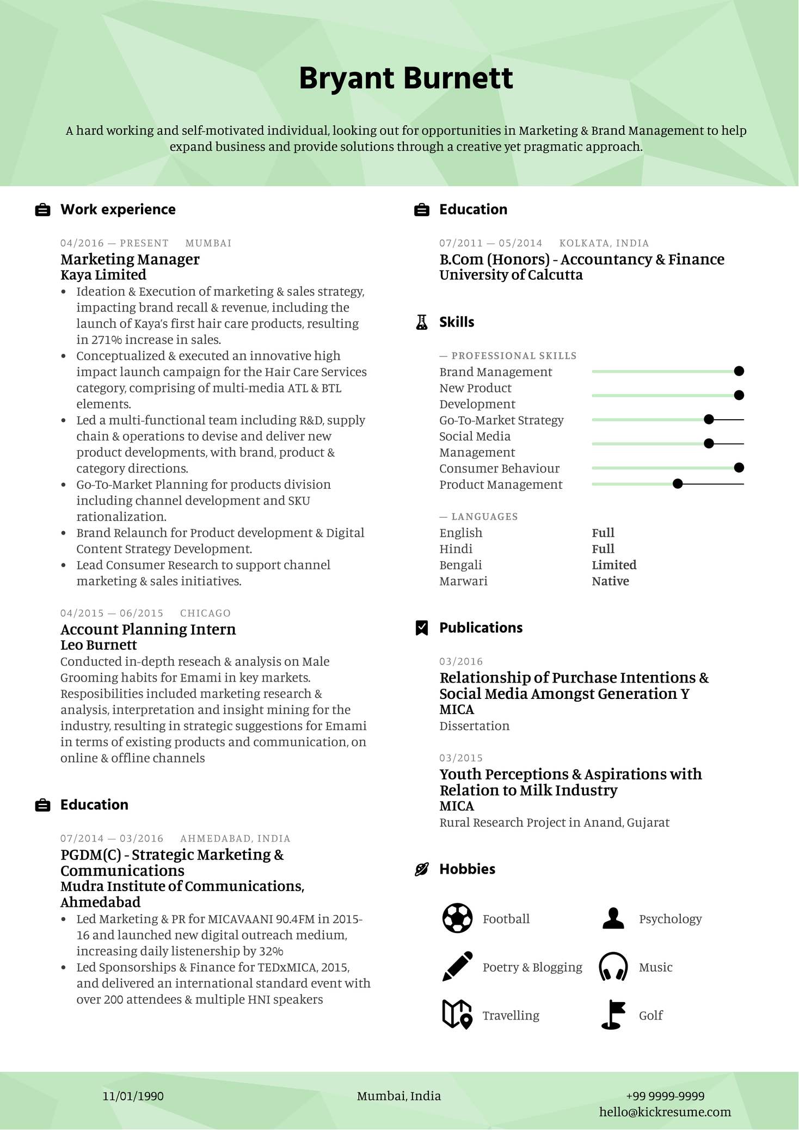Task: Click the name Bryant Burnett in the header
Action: point(405,78)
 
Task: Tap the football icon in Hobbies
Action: point(457,918)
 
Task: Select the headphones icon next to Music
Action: point(613,967)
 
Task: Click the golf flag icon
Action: point(613,1015)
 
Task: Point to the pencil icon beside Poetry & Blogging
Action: point(457,967)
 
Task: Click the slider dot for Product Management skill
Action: point(678,484)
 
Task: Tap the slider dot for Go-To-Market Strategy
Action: point(709,420)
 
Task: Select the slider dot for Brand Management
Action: point(739,371)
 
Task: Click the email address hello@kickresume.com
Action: point(665,1112)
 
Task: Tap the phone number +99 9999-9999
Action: point(665,1096)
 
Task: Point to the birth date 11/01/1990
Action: point(133,1096)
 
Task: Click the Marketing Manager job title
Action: point(130,259)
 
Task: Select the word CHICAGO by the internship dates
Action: point(205,613)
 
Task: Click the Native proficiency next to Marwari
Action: point(610,581)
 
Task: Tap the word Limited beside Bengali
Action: point(614,565)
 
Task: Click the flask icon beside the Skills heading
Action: point(422,322)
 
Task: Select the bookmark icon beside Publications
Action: point(422,628)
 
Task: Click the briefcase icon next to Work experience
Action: point(42,210)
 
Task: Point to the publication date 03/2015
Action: point(460,758)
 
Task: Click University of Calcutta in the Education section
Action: point(511,275)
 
